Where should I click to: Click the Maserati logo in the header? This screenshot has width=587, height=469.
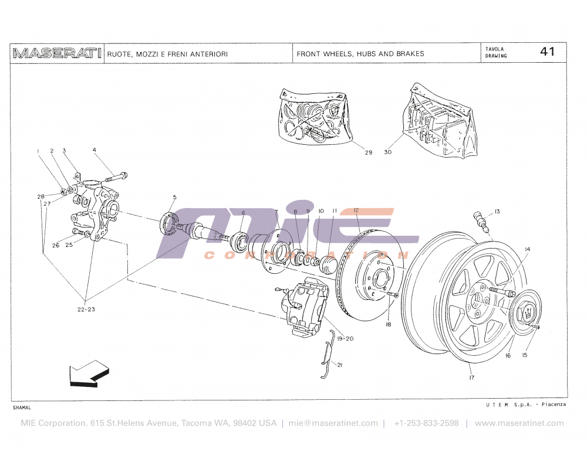tap(56, 53)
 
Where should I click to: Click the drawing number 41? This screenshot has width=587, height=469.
tap(547, 52)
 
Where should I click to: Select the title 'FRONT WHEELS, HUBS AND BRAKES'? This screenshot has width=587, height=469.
tap(360, 54)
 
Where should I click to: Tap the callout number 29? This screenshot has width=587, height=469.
tap(368, 153)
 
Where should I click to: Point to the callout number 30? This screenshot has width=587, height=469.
tap(387, 153)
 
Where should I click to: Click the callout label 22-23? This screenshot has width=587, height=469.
tap(86, 309)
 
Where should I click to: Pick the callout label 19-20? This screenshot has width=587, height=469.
tap(346, 338)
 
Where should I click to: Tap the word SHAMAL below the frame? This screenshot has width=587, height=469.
tap(22, 407)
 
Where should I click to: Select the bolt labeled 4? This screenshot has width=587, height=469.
tap(118, 175)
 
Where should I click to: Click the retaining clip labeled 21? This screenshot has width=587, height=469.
tap(329, 355)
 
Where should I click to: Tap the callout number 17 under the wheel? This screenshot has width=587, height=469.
tap(471, 378)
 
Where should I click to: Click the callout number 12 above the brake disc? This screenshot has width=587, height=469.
tap(356, 210)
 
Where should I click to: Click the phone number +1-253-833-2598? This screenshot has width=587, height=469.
tap(426, 423)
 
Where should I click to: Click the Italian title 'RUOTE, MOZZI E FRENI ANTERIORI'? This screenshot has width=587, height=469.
tap(167, 54)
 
